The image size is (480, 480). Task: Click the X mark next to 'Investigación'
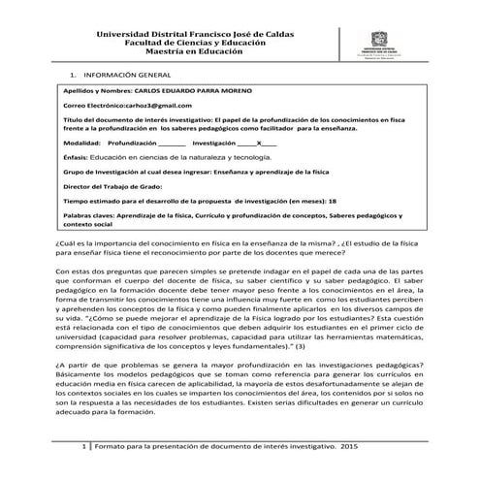(x=258, y=140)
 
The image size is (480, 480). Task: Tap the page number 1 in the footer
(x=86, y=446)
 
